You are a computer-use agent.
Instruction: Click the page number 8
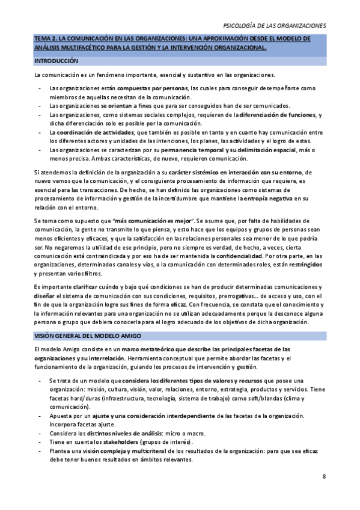[x=324, y=477]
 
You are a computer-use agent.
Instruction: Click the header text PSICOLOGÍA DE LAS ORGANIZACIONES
[x=274, y=26]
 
